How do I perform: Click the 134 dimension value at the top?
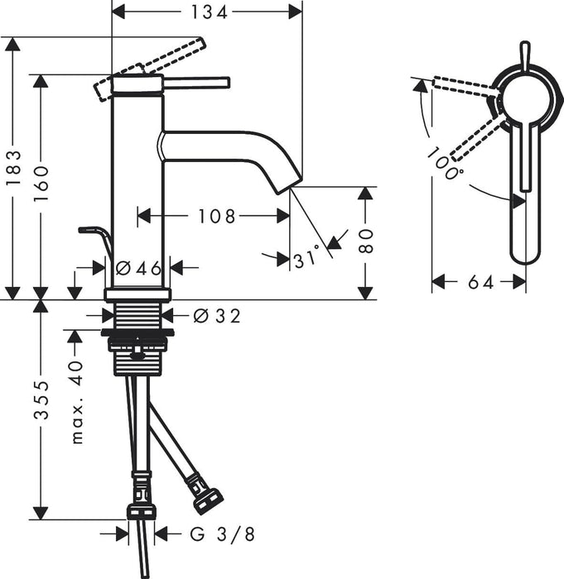pos(206,11)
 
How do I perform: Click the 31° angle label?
pos(306,260)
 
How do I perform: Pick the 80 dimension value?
pos(366,241)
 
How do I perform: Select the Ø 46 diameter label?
pos(137,268)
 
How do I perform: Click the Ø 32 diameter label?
pos(217,315)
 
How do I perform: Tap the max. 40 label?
pos(76,402)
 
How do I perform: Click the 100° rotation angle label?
pos(446,165)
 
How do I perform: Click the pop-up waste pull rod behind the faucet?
pos(94,236)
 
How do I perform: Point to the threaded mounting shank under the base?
pos(137,315)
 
